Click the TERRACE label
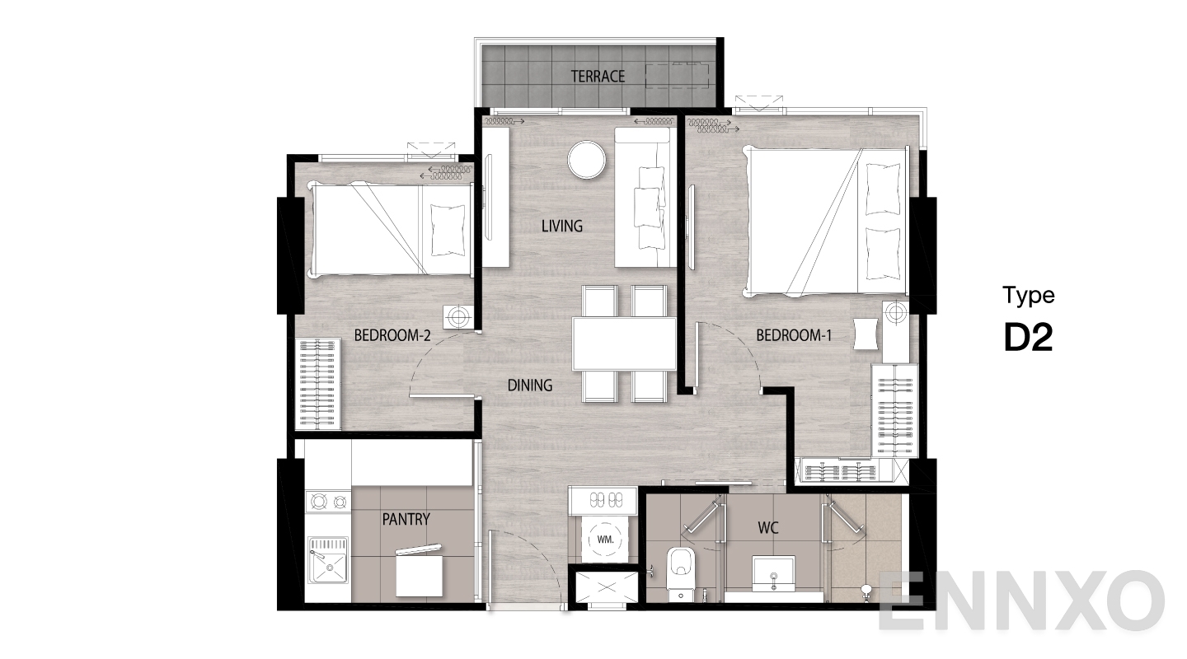pyautogui.click(x=598, y=77)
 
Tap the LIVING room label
pyautogui.click(x=561, y=227)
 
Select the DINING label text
pyautogui.click(x=530, y=386)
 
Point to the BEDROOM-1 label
pyautogui.click(x=794, y=335)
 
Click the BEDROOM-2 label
pyautogui.click(x=392, y=335)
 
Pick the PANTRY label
pyautogui.click(x=406, y=519)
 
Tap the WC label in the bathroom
pyautogui.click(x=768, y=528)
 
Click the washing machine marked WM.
pyautogui.click(x=605, y=540)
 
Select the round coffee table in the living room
pyautogui.click(x=587, y=160)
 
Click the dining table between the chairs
pyautogui.click(x=624, y=344)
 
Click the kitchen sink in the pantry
pyautogui.click(x=328, y=560)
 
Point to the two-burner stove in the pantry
pyautogui.click(x=329, y=501)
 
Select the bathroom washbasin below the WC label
pyautogui.click(x=774, y=573)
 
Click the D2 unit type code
pyautogui.click(x=1028, y=338)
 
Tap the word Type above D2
pyautogui.click(x=1029, y=296)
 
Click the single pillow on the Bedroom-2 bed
pyautogui.click(x=448, y=231)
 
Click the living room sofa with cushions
pyautogui.click(x=645, y=197)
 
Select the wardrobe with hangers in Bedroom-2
pyautogui.click(x=318, y=384)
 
